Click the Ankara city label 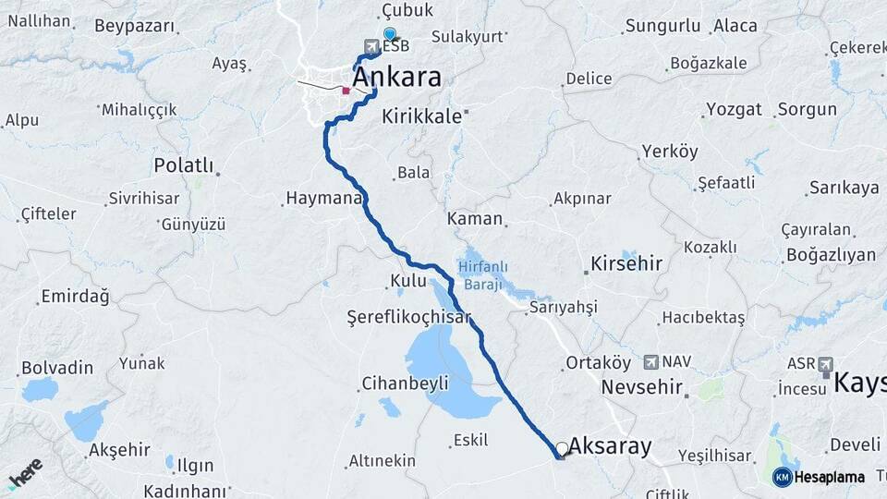[397, 78]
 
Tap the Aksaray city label [610, 447]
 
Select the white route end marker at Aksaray [562, 449]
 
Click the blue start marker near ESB [389, 34]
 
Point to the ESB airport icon [371, 45]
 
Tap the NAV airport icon [651, 361]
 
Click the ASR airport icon [825, 364]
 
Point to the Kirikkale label [421, 117]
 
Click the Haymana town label [322, 198]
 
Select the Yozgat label [734, 109]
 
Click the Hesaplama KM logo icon [782, 477]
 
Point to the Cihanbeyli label [405, 383]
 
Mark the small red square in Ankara [346, 91]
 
